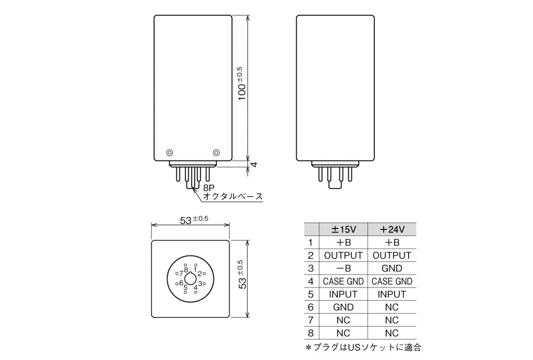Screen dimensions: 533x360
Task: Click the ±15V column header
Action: (344, 229)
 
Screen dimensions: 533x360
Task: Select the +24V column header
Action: (392, 229)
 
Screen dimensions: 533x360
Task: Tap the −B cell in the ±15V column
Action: (344, 268)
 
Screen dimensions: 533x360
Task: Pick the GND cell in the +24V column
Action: (392, 268)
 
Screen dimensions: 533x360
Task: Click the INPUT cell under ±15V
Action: (344, 294)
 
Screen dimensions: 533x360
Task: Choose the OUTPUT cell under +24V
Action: (392, 255)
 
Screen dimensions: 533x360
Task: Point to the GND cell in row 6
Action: (344, 307)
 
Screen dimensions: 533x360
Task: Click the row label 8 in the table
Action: (310, 333)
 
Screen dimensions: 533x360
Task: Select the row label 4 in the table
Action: (310, 281)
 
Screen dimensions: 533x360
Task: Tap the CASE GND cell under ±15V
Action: (344, 281)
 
